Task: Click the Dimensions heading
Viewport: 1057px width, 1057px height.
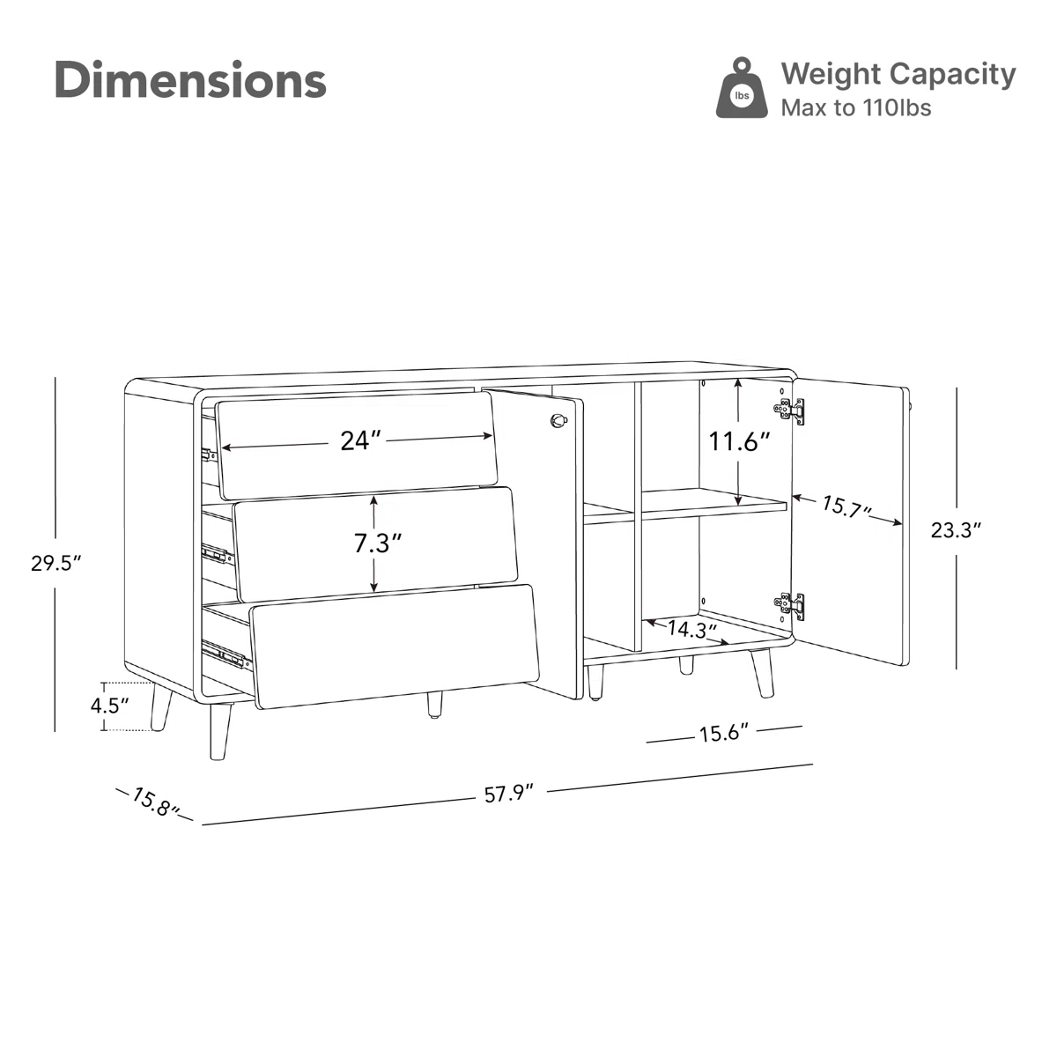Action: pyautogui.click(x=190, y=80)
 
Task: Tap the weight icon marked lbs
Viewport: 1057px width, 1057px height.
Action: pyautogui.click(x=742, y=88)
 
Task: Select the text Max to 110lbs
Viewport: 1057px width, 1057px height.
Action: pyautogui.click(x=855, y=108)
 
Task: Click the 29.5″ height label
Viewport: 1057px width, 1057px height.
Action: pyautogui.click(x=55, y=563)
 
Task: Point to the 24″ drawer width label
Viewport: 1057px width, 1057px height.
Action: pyautogui.click(x=360, y=440)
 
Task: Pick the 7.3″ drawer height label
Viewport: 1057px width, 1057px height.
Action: pyautogui.click(x=378, y=543)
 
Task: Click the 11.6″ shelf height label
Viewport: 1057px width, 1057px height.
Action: pyautogui.click(x=739, y=440)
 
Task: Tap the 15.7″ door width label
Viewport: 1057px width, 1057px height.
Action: pyautogui.click(x=846, y=506)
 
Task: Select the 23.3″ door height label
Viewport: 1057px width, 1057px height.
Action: pyautogui.click(x=956, y=530)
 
